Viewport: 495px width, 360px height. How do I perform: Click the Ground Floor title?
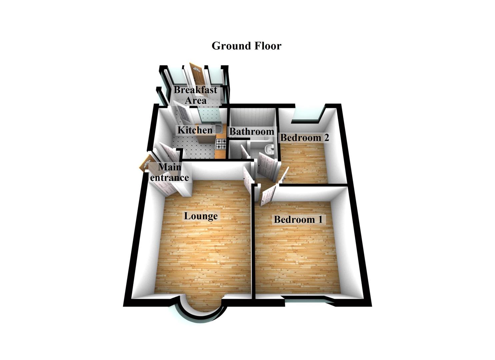(246, 46)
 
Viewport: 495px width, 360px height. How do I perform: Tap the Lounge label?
(201, 216)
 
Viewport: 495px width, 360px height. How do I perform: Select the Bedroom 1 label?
(298, 219)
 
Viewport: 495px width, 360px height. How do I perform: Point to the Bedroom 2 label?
(304, 137)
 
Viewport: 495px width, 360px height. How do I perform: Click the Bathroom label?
(252, 131)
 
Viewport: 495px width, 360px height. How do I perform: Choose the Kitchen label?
(195, 130)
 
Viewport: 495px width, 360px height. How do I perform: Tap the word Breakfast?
(195, 90)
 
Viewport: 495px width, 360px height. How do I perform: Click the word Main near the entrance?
(170, 167)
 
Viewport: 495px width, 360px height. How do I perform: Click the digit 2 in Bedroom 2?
(326, 137)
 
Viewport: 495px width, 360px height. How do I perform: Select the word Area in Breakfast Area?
(196, 100)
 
